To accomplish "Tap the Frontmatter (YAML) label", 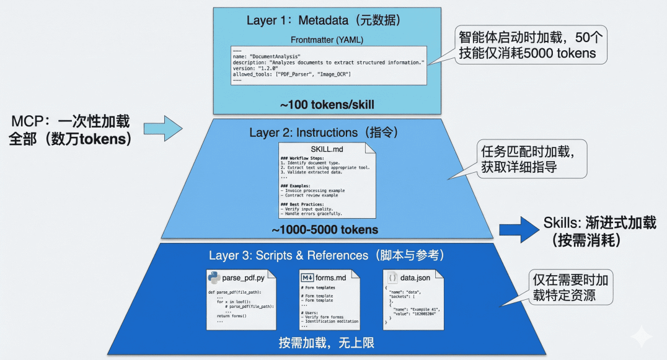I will (327, 40).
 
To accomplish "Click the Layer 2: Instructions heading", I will (322, 133).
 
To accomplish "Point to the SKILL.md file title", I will (326, 151).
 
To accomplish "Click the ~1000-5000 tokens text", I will (325, 230).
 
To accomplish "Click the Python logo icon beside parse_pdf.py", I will (214, 278).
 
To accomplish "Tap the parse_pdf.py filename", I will (249, 278).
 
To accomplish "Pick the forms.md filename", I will (332, 278).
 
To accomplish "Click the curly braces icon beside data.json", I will (392, 278).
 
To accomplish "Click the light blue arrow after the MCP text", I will (163, 129).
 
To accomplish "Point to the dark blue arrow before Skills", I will (519, 230).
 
